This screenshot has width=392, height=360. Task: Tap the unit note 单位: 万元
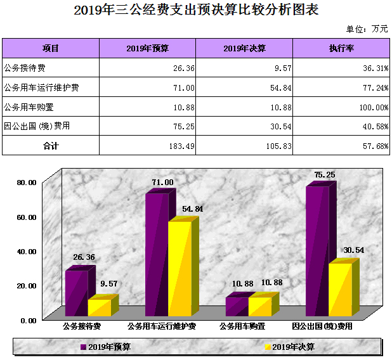click(367, 29)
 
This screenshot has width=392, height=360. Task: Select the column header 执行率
click(341, 48)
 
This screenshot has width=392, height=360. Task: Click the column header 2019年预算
click(147, 48)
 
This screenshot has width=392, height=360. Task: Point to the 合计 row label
click(50, 146)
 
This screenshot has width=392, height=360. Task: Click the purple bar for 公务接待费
click(76, 292)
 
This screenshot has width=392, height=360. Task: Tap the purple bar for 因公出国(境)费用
click(317, 250)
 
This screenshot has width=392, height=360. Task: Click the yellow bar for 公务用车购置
click(259, 305)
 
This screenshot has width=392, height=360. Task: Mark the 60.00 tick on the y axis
click(27, 217)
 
